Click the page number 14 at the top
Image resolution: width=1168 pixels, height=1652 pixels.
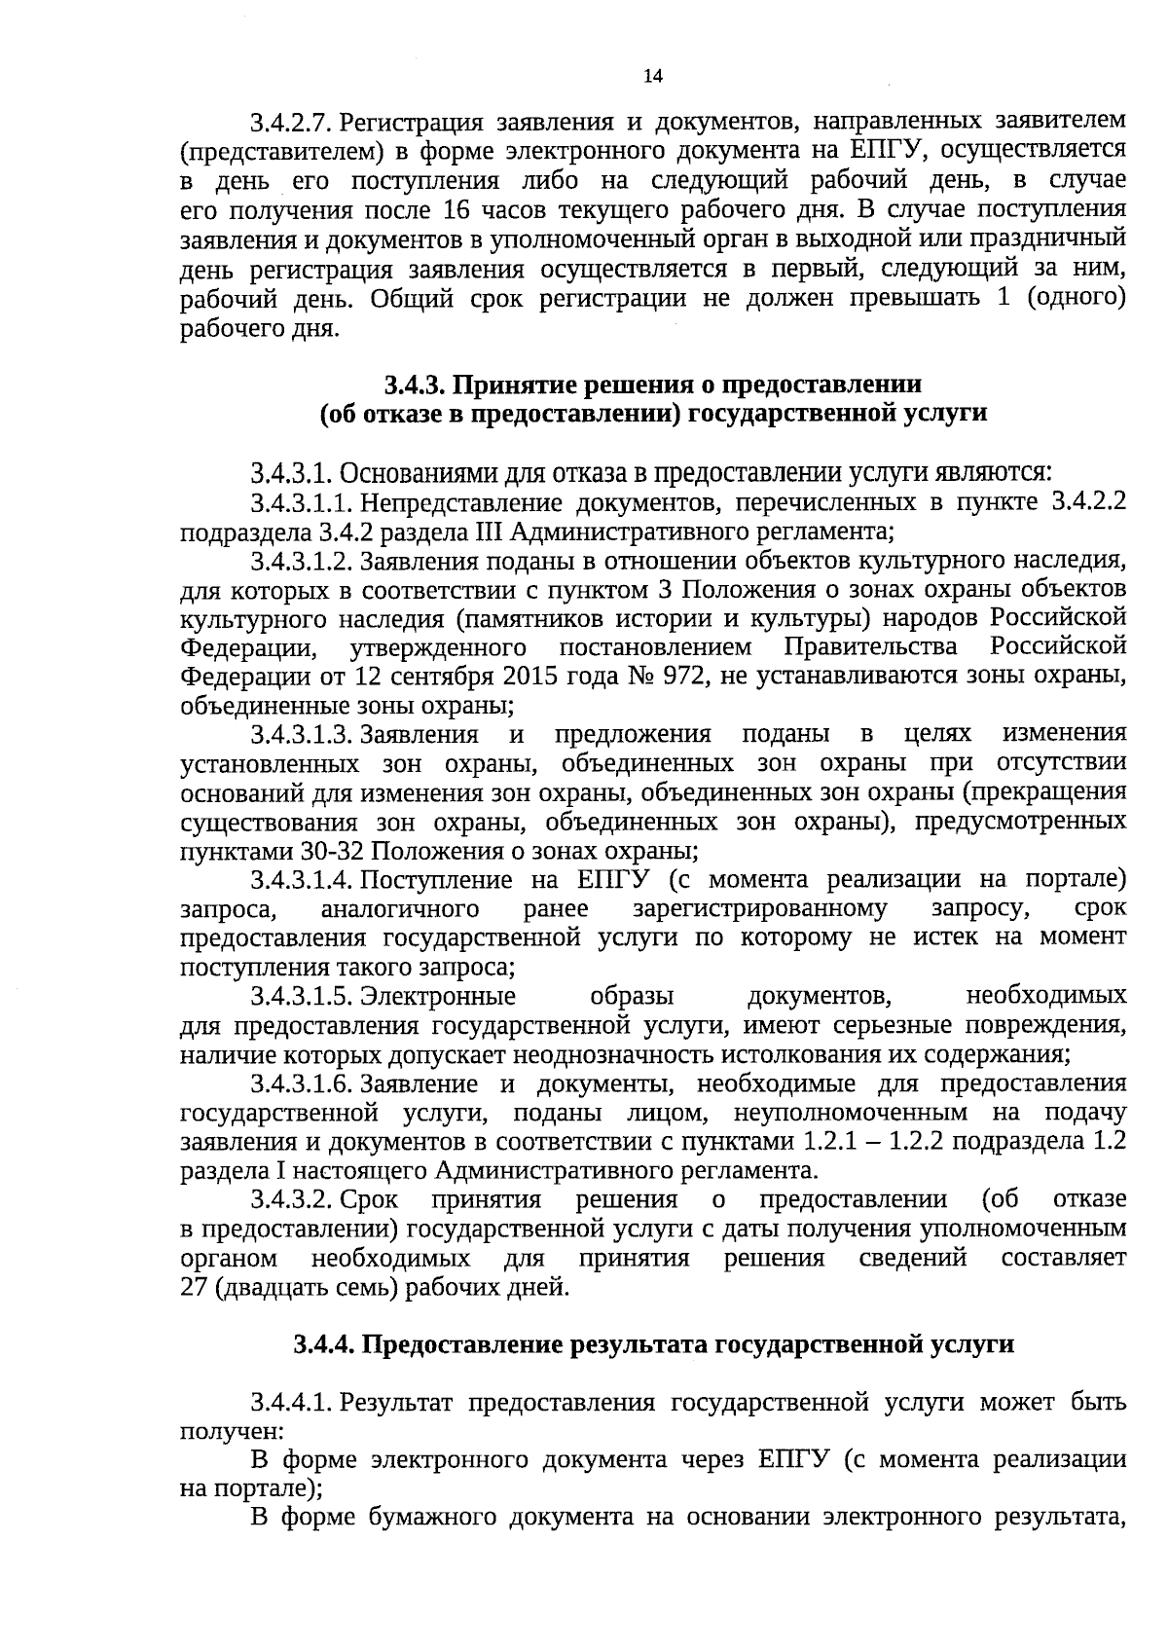652,77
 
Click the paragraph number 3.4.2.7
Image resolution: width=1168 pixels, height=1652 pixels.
291,124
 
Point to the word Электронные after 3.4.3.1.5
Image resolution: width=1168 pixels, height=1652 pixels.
438,996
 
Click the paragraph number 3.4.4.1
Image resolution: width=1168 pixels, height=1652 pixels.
291,1403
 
